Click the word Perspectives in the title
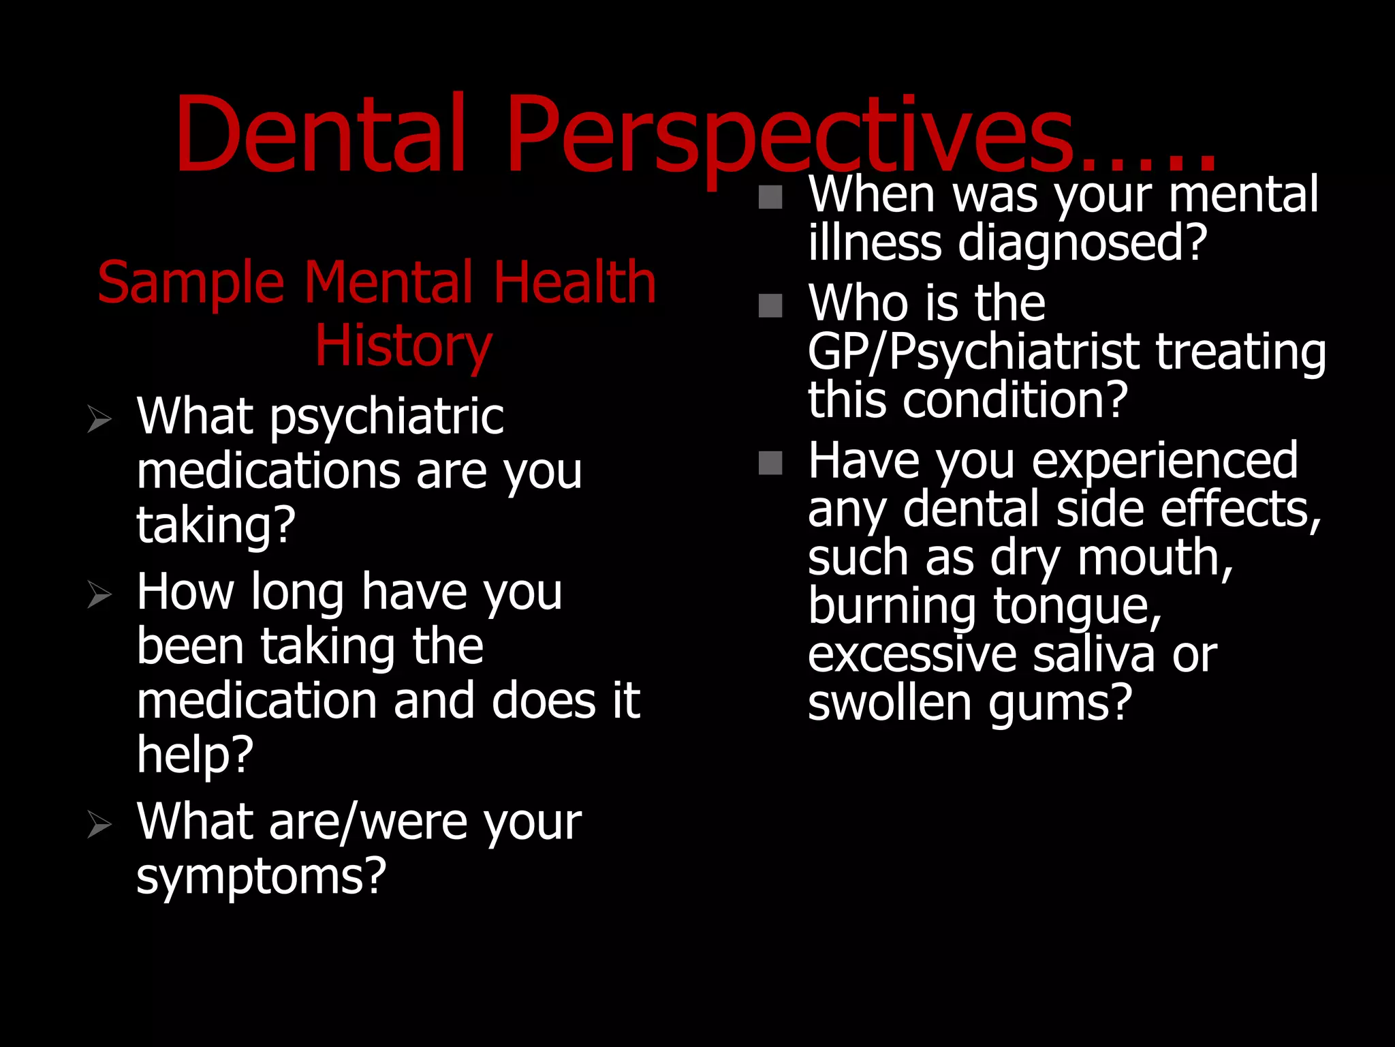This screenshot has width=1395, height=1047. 790,136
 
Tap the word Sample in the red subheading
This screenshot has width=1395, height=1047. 191,282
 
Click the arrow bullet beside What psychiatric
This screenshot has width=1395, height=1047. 99,418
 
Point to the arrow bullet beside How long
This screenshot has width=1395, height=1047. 99,594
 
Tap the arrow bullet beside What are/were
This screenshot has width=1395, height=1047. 99,824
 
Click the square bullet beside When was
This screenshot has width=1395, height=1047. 770,197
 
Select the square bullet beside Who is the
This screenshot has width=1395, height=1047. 770,305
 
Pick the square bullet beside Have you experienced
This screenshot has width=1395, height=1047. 770,463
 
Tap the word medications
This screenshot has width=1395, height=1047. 268,471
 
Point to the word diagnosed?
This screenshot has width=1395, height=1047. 1082,243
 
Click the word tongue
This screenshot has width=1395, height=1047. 1076,607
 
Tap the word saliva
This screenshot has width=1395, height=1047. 1093,655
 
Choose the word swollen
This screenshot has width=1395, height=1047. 889,703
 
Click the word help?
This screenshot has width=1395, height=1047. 195,756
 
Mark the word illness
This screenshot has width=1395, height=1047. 875,243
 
